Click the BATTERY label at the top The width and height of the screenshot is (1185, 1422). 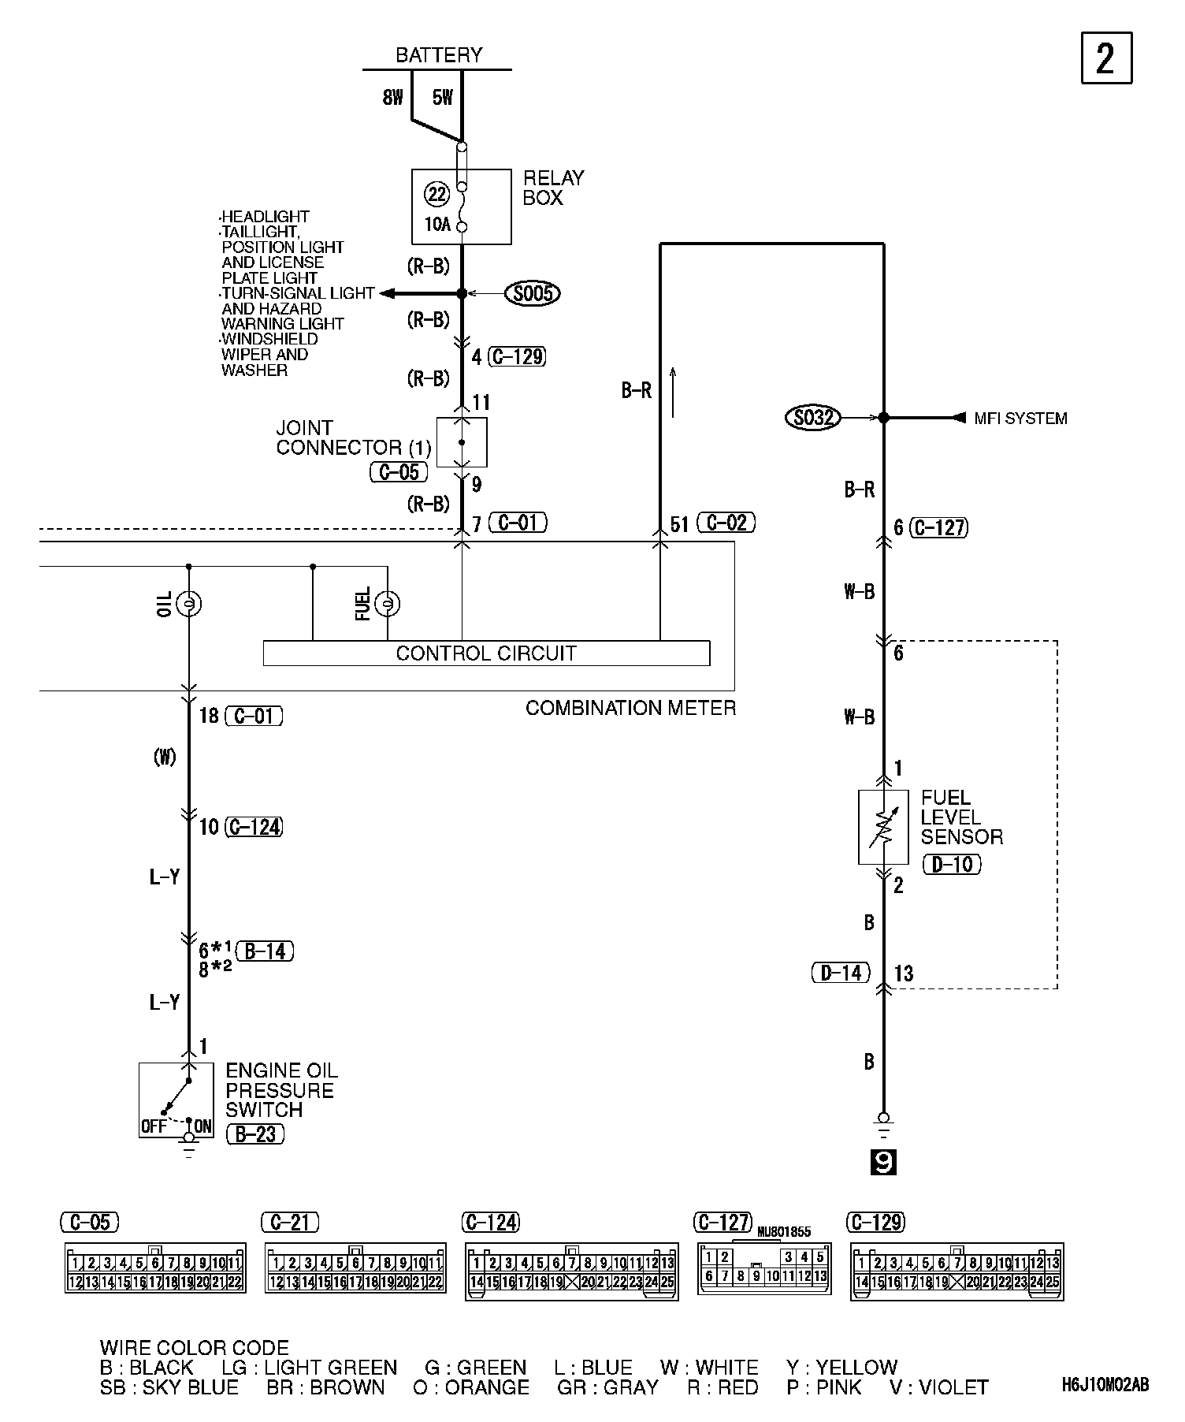click(x=438, y=55)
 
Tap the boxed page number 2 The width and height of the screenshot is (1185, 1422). click(x=1105, y=58)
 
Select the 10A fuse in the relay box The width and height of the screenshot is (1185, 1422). click(x=462, y=207)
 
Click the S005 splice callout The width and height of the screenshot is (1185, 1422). click(x=533, y=294)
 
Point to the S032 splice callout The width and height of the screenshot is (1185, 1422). click(x=812, y=417)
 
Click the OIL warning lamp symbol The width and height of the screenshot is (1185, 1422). click(x=188, y=604)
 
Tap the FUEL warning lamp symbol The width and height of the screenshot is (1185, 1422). click(x=387, y=604)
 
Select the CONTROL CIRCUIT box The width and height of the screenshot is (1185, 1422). click(x=486, y=653)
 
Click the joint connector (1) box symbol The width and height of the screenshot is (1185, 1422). click(x=462, y=442)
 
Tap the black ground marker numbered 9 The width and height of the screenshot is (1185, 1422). click(x=883, y=1163)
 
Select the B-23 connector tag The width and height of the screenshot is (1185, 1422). click(x=254, y=1134)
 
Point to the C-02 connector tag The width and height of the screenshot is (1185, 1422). click(x=726, y=523)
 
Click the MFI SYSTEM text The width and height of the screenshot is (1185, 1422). click(x=1020, y=419)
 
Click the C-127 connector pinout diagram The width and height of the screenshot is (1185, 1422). click(x=763, y=1268)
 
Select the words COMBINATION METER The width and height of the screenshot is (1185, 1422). click(x=630, y=708)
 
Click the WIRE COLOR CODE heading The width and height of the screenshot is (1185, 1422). click(x=194, y=1348)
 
